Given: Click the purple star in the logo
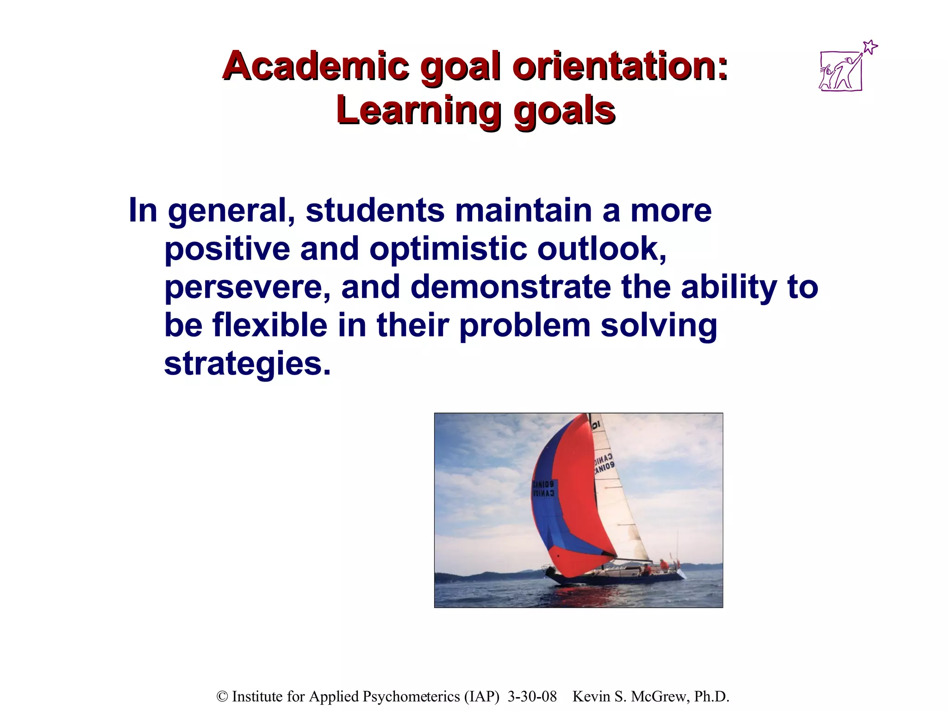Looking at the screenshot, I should pos(870,47).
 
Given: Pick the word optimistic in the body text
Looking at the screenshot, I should pos(448,249).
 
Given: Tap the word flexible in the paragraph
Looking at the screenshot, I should pos(270,325).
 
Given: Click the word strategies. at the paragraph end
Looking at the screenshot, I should pos(248,364).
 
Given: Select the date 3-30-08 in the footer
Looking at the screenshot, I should pos(532,697).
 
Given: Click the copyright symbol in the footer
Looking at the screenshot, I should pos(223,697).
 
